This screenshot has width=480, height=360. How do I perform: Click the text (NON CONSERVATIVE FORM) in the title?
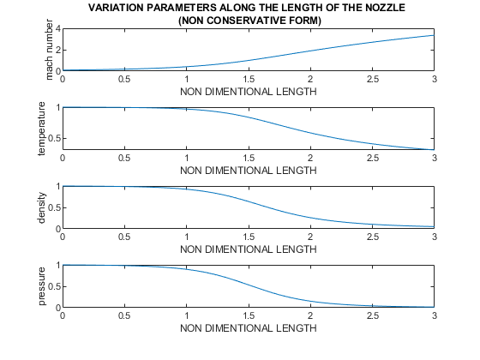[x=248, y=20]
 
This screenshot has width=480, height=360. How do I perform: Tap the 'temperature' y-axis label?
[x=40, y=129]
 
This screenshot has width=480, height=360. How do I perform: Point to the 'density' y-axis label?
[x=40, y=207]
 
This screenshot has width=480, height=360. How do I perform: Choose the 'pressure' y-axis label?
[x=40, y=286]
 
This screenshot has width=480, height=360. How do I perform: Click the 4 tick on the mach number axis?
[x=57, y=29]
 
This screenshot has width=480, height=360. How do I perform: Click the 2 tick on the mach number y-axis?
[x=57, y=50]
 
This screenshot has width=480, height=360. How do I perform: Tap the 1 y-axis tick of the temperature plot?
[x=57, y=108]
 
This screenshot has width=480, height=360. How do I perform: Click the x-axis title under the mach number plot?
[x=248, y=90]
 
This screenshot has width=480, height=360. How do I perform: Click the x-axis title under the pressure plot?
[x=248, y=327]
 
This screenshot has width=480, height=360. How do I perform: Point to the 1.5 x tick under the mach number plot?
[x=249, y=79]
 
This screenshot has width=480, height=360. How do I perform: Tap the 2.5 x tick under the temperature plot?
[x=372, y=158]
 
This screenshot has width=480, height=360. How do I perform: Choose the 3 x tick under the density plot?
[x=434, y=237]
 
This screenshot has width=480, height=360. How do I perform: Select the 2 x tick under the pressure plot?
[x=310, y=315]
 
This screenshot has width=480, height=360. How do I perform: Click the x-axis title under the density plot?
[x=248, y=248]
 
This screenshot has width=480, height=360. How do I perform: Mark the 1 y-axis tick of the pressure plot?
[x=57, y=266]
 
